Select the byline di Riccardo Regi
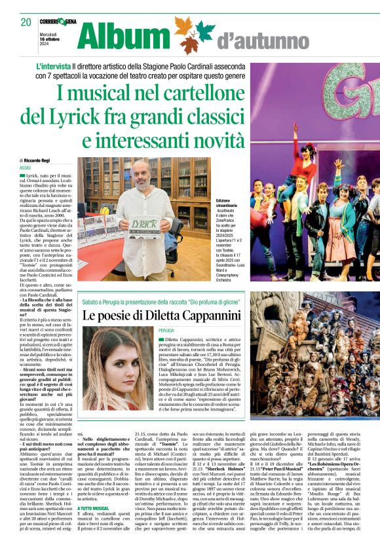[x=40, y=160]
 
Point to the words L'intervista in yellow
[x=58, y=67]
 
